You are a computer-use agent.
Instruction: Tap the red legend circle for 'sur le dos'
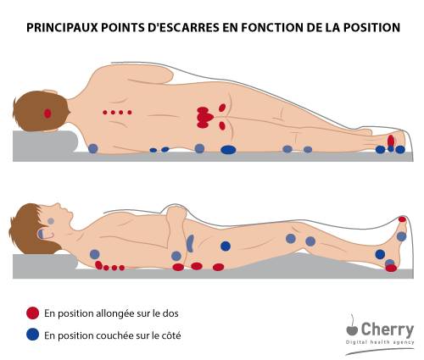tap(32, 313)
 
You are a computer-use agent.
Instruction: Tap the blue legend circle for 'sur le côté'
tap(32, 335)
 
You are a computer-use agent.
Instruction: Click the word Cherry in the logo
tap(388, 330)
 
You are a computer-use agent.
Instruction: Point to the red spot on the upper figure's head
tap(47, 114)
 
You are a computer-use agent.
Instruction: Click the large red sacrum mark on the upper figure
tap(204, 117)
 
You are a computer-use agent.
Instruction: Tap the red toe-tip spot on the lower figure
tap(402, 219)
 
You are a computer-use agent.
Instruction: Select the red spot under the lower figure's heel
tap(391, 268)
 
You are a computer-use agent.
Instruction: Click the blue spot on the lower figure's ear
tap(41, 234)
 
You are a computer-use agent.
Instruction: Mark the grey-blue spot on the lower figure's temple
tap(51, 221)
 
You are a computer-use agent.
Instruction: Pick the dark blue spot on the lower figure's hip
tap(226, 246)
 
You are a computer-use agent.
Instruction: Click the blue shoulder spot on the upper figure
tap(93, 148)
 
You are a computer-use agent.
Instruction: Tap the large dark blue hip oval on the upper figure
tap(228, 150)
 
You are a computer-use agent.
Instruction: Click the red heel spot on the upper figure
tap(391, 141)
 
